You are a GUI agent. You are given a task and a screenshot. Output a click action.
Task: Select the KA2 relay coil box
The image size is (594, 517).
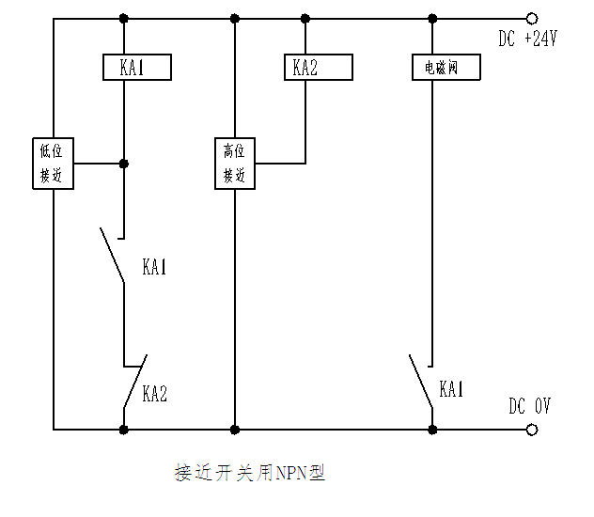(x=319, y=68)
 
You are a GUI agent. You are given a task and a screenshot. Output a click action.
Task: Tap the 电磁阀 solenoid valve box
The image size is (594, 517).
(x=446, y=69)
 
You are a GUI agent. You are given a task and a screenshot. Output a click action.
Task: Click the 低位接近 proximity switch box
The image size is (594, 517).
(x=51, y=163)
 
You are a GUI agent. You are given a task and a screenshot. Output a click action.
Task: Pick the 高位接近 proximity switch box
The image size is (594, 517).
(x=235, y=163)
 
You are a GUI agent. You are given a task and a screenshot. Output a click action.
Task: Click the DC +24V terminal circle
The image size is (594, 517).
(x=533, y=18)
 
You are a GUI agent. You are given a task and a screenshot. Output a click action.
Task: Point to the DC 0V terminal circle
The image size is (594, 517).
(x=533, y=430)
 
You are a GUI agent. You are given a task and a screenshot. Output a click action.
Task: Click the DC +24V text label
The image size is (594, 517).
(x=529, y=39)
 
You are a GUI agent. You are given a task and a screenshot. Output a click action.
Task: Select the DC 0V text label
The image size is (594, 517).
(x=529, y=406)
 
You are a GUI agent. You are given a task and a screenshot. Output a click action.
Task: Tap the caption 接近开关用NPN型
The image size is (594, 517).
(x=250, y=472)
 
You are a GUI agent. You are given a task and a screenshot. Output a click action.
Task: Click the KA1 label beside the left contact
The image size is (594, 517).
(x=155, y=267)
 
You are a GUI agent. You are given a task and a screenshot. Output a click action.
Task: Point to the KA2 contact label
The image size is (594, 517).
(x=155, y=394)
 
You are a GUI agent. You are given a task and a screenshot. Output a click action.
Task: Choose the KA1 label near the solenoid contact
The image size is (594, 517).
(x=452, y=389)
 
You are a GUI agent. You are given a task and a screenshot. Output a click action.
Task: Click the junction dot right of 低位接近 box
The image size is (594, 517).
(x=124, y=163)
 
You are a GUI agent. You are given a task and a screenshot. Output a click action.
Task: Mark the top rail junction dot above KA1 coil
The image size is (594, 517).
(x=124, y=18)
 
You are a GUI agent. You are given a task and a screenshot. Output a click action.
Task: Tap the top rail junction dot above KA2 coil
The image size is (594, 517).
(x=305, y=18)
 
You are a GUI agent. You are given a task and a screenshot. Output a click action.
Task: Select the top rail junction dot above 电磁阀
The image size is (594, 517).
(x=433, y=18)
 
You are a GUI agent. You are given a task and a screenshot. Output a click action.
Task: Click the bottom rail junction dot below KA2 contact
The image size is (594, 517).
(x=124, y=430)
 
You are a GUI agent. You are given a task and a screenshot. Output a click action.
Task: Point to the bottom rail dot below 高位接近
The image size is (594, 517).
(x=234, y=430)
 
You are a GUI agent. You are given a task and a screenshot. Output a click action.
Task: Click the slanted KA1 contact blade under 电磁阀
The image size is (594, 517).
(x=420, y=381)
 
